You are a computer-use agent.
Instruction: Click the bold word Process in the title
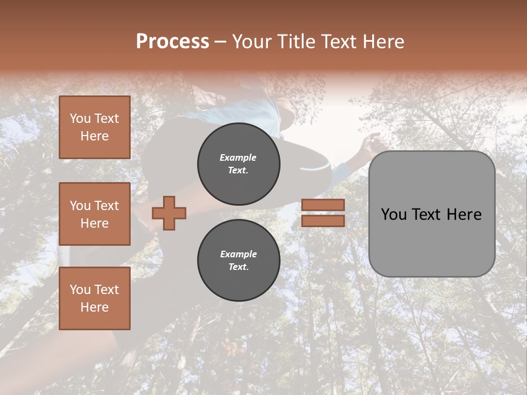coord(172,42)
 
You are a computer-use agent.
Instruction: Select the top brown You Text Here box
coord(94,127)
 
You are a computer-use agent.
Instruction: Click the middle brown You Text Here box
coord(94,214)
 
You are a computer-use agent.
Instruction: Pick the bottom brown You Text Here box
coord(94,298)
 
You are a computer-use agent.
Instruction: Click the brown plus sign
coord(169,213)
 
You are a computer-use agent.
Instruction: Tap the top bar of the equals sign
coord(323,205)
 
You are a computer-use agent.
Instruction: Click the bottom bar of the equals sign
coord(323,221)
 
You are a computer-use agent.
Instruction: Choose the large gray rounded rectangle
coord(431,247)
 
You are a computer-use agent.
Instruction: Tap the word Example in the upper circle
coord(238,157)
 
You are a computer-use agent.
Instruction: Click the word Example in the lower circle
coord(238,254)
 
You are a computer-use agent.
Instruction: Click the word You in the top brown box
coord(80,119)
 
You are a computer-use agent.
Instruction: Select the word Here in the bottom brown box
coord(94,307)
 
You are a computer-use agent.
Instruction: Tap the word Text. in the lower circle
coord(238,267)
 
